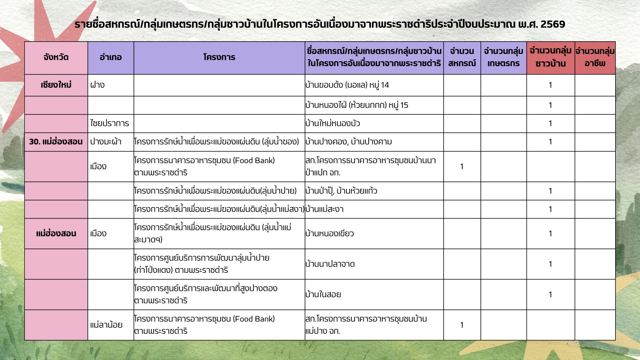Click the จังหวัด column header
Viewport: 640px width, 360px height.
56,58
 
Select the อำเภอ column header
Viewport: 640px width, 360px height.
111,58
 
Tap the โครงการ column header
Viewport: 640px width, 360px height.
219,58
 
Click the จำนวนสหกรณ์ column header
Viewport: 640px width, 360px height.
461,57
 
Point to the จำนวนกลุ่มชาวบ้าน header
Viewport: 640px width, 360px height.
551,57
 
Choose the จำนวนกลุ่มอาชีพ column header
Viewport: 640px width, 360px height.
595,57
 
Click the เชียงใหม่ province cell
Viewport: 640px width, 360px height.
56,85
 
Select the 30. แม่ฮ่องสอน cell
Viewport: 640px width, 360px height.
56,142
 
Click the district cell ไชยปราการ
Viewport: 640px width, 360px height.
109,123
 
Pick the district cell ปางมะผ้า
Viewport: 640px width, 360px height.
106,142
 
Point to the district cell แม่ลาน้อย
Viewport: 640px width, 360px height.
106,324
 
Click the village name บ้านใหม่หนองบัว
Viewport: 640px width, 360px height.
333,123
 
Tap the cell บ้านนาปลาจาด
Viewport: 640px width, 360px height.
330,264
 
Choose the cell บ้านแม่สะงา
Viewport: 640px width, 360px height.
327,209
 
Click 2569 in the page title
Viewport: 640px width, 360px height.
552,24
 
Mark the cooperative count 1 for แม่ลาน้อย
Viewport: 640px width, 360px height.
461,324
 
